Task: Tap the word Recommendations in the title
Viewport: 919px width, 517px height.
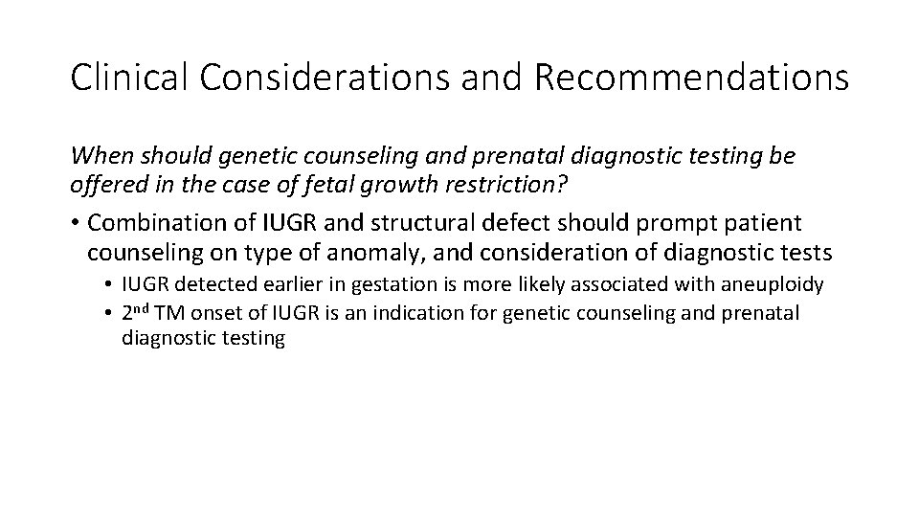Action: pos(691,78)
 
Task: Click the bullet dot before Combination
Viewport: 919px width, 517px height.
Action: pos(76,223)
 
